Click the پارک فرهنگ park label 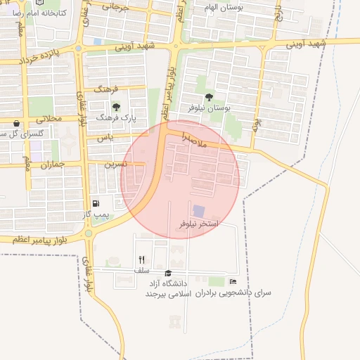pos(115,119)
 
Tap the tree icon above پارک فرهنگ pos(116,107)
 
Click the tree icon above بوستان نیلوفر pos(210,96)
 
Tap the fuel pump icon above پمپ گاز pos(96,203)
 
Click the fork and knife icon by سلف pos(142,259)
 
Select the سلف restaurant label pos(142,270)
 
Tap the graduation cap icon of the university pos(167,273)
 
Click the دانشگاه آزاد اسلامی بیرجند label pos(169,288)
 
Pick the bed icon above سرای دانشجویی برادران pos(233,281)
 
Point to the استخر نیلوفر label pos(199,224)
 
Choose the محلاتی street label pos(49,120)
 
